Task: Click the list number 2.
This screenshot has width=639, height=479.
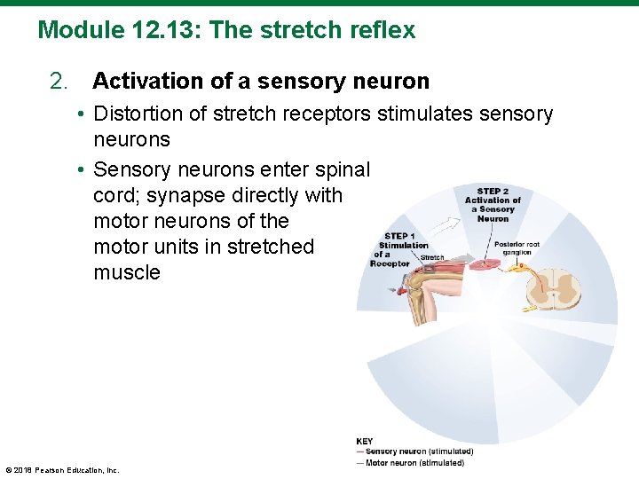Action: [x=59, y=82]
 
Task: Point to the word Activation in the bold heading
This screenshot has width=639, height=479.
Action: [x=147, y=82]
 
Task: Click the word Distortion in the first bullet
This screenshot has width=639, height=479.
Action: [x=138, y=114]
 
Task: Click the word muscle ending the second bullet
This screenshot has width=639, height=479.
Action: [x=126, y=273]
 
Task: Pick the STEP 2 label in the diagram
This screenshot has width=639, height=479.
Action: [x=493, y=191]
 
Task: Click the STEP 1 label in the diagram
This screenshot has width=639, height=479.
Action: [x=399, y=236]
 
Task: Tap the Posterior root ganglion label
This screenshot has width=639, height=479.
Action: [x=517, y=248]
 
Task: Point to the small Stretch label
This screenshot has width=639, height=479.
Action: [x=432, y=258]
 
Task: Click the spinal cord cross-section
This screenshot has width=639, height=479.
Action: [x=561, y=288]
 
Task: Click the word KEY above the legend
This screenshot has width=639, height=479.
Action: [x=364, y=441]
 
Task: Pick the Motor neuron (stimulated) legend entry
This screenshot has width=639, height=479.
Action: [x=414, y=463]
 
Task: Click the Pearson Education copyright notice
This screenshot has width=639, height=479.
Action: [x=62, y=469]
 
